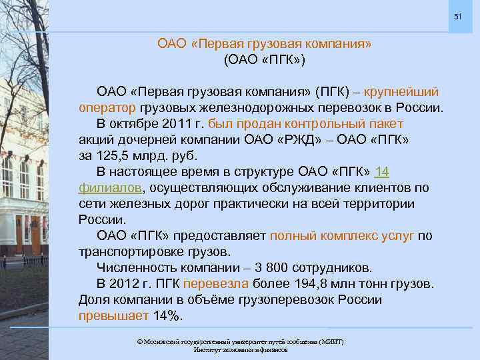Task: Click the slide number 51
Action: pos(458,15)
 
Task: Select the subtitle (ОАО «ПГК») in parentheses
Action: pos(265,59)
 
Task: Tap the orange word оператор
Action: pos(107,108)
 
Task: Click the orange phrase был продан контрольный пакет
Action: pos(306,124)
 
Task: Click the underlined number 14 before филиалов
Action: pos(382,172)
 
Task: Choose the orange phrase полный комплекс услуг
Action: pos(342,236)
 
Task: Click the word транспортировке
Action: pos(133,252)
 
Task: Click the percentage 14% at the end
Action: pos(167,316)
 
